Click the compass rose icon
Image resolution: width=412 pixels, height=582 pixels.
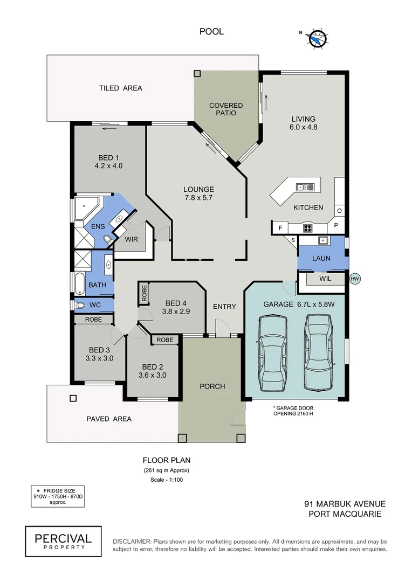318,38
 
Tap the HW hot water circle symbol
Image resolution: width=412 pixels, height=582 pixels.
354,279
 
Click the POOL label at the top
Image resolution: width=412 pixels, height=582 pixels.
211,32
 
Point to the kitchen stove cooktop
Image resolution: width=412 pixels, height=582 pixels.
307,228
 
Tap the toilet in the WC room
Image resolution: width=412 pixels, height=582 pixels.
81,306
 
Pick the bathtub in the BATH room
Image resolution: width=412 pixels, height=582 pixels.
80,283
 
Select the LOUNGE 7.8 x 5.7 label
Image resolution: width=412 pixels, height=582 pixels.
198,193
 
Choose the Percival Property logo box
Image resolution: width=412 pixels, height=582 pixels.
63,542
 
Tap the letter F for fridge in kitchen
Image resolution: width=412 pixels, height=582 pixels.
280,228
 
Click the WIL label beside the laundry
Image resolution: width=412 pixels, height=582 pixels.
325,279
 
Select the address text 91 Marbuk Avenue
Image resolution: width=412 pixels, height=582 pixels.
345,504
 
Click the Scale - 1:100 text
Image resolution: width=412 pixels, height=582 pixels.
166,480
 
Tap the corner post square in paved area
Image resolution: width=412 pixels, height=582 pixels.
72,399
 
